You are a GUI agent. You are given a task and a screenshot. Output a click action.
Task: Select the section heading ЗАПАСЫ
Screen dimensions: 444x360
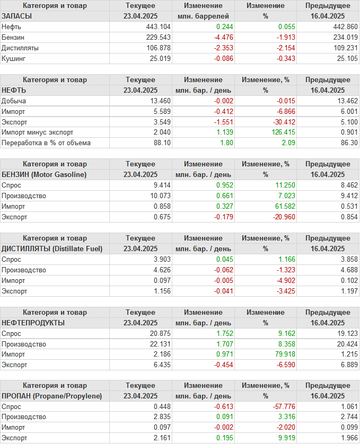[17, 16]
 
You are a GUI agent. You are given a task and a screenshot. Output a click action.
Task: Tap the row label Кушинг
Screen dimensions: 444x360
[14, 58]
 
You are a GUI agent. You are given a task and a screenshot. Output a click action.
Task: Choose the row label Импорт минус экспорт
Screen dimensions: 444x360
[38, 132]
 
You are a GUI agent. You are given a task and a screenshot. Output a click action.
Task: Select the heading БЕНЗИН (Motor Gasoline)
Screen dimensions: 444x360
[44, 174]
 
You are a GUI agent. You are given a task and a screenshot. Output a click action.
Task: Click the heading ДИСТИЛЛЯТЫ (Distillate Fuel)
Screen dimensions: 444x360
[52, 248]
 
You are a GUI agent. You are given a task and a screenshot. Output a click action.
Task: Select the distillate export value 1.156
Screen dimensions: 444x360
[162, 291]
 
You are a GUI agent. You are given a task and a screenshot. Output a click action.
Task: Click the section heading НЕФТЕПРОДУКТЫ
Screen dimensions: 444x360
[33, 323]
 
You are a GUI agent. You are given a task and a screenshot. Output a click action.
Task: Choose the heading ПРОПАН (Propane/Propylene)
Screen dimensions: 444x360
[52, 396]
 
